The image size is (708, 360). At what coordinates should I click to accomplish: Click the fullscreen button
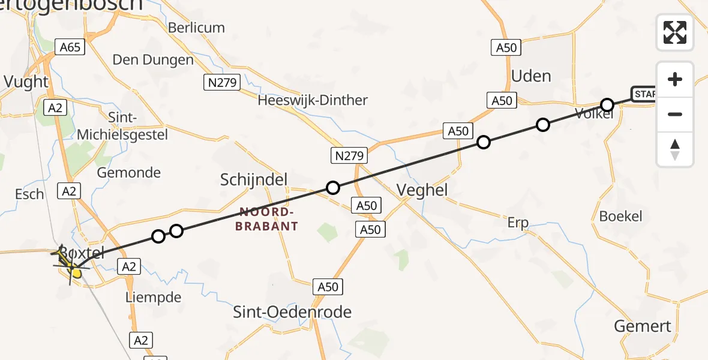(675, 32)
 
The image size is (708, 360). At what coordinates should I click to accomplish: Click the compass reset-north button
(675, 149)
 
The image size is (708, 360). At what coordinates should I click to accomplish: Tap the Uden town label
(531, 76)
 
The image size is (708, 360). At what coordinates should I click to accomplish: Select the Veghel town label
(422, 190)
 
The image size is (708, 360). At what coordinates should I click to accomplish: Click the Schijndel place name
(254, 179)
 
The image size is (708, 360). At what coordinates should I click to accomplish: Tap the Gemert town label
(643, 326)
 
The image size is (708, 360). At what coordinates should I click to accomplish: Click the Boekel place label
(621, 217)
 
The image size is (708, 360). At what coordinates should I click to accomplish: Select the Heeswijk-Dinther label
(313, 100)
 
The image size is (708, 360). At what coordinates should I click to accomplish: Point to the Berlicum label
(196, 28)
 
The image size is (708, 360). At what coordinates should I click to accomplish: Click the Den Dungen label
(153, 60)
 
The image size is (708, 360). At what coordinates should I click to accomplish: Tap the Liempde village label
(154, 297)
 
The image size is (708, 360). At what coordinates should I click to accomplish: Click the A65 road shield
(70, 47)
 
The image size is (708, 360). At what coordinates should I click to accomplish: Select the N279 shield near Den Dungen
(223, 82)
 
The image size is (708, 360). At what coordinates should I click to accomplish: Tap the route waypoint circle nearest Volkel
(607, 105)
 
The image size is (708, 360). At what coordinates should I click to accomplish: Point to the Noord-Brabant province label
(268, 219)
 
